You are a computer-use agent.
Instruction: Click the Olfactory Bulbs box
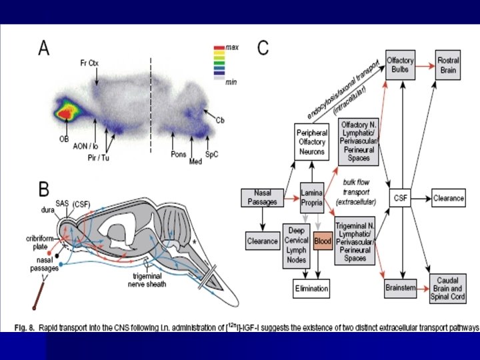pos(400,65)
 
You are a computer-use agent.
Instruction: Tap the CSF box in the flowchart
pos(400,197)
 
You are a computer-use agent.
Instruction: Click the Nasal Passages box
pos(262,197)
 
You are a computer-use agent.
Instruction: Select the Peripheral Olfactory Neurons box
pos(312,142)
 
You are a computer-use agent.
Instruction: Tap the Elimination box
pos(312,289)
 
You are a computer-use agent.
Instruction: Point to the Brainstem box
pos(401,289)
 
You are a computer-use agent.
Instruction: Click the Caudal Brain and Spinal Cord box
pos(448,289)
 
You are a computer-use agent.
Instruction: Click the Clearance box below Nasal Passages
pos(262,240)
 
